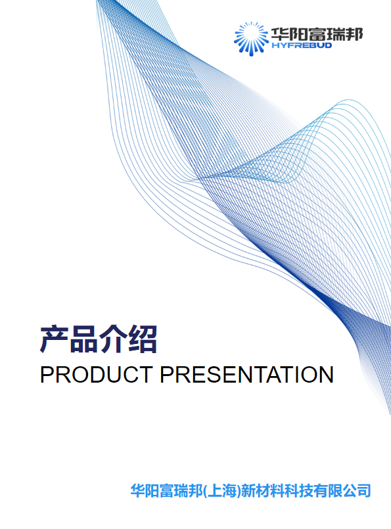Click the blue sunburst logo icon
click(251, 39)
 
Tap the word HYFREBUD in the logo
click(302, 45)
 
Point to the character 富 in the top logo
click(317, 34)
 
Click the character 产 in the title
click(54, 339)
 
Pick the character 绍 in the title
click(143, 339)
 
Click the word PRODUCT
click(96, 375)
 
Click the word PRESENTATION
click(247, 375)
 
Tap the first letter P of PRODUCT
click(47, 375)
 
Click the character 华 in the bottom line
click(138, 490)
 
